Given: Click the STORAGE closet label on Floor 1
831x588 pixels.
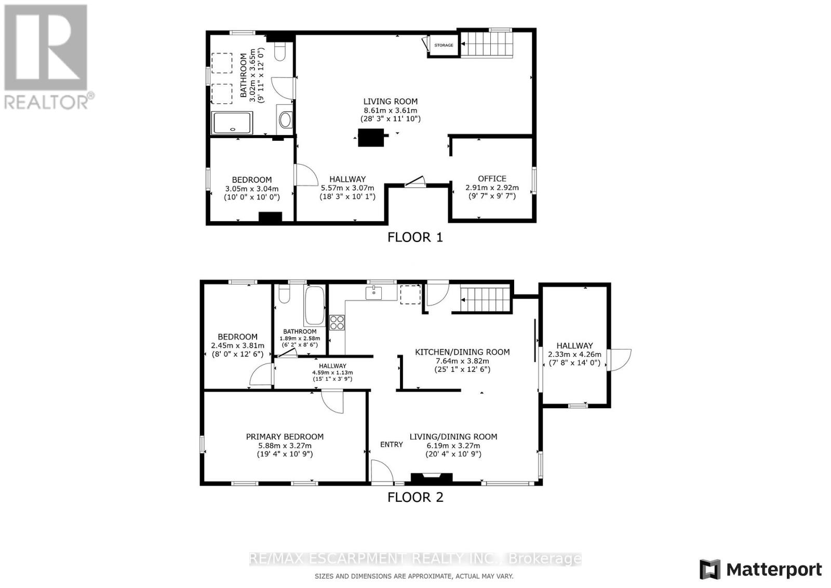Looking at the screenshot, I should (x=444, y=45).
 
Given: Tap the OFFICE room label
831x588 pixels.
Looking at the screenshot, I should (x=492, y=179).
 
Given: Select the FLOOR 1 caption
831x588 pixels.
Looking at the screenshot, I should (x=415, y=237).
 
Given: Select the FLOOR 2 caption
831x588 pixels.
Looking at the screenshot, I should (x=415, y=497).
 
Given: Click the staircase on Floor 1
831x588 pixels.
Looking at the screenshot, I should (x=487, y=44).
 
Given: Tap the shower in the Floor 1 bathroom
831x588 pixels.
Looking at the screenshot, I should (x=232, y=123).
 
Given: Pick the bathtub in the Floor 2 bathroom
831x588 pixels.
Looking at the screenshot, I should (x=314, y=305).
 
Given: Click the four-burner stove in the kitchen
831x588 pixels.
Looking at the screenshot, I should (x=337, y=322).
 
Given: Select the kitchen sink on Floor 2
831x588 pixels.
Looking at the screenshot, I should (x=374, y=293).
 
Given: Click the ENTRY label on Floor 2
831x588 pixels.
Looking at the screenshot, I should (x=391, y=444).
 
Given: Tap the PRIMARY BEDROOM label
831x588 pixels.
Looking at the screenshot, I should (x=285, y=437).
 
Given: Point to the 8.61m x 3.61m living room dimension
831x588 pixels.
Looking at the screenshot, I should (x=390, y=111).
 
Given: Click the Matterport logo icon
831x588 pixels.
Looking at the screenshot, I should (x=710, y=569).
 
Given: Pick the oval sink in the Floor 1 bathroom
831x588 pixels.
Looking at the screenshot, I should (x=285, y=121).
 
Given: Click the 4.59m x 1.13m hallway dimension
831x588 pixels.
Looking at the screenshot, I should (x=332, y=372).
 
